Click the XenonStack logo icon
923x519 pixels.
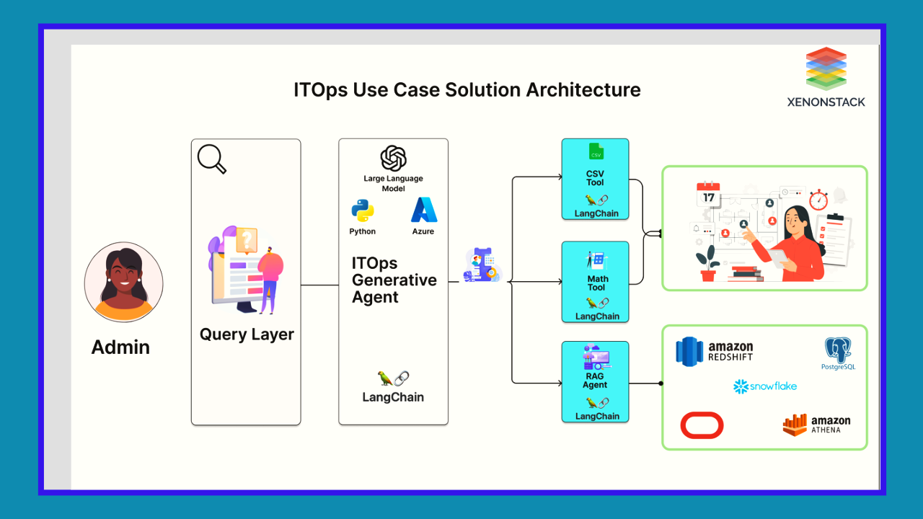click(x=826, y=68)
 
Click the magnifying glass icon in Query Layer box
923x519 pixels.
click(x=211, y=159)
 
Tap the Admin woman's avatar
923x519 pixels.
click(x=123, y=282)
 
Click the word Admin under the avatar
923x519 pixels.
click(x=120, y=347)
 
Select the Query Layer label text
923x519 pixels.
click(x=247, y=334)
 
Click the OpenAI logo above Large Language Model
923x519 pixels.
click(x=393, y=158)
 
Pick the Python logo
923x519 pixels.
click(x=363, y=210)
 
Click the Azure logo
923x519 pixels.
click(x=424, y=210)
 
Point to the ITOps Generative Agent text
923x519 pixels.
click(x=394, y=280)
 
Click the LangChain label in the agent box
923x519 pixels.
click(x=393, y=397)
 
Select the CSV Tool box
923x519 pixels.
click(x=595, y=179)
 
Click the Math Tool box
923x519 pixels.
click(x=596, y=282)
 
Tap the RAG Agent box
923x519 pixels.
click(x=596, y=381)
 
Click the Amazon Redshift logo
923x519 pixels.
click(x=714, y=352)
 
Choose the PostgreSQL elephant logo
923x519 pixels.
click(x=838, y=352)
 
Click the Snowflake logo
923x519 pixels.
click(x=764, y=386)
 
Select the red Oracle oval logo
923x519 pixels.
click(x=702, y=425)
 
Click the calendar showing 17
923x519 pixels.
click(x=709, y=195)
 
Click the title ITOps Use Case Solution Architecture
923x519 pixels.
click(x=467, y=90)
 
